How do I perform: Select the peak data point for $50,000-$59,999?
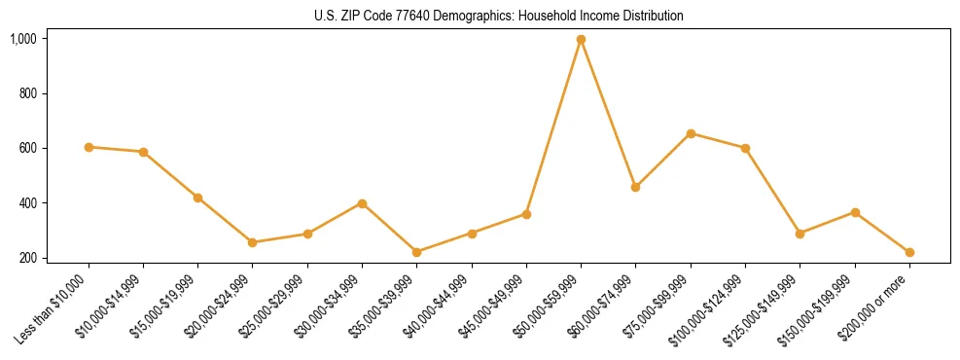pyautogui.click(x=581, y=40)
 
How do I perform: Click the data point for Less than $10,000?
pyautogui.click(x=89, y=147)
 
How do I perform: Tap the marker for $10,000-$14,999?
pyautogui.click(x=143, y=152)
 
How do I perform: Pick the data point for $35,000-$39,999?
pyautogui.click(x=416, y=252)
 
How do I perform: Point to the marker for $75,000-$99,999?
pyautogui.click(x=691, y=133)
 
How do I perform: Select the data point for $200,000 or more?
pyautogui.click(x=909, y=252)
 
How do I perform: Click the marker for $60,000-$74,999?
pyautogui.click(x=635, y=187)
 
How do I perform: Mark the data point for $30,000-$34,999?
pyautogui.click(x=362, y=203)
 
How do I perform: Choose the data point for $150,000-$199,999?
pyautogui.click(x=855, y=212)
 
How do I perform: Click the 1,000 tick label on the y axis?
pyautogui.click(x=23, y=39)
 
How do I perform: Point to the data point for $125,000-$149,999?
pyautogui.click(x=800, y=234)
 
